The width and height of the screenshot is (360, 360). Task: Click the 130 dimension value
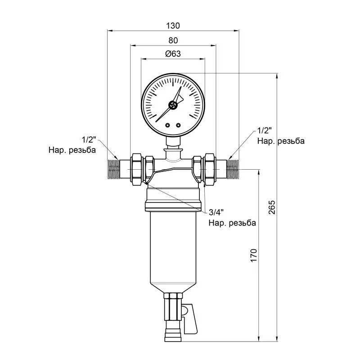tap(173, 26)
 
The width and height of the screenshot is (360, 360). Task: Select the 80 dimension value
tap(173, 40)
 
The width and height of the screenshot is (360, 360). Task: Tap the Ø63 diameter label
tap(173, 54)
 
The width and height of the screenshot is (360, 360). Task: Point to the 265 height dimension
tap(272, 207)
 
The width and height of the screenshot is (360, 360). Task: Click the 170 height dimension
tap(253, 255)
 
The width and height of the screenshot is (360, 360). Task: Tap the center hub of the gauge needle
tap(173, 105)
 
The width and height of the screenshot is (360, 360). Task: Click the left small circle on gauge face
tap(167, 126)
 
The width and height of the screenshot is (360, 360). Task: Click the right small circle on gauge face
tap(178, 126)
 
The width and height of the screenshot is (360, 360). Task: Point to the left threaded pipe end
tap(113, 170)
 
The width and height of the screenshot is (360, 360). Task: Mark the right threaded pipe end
tap(233, 170)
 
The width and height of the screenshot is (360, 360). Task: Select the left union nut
tap(137, 170)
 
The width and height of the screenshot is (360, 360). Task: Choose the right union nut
tap(210, 170)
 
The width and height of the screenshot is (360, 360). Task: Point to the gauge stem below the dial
tap(173, 142)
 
